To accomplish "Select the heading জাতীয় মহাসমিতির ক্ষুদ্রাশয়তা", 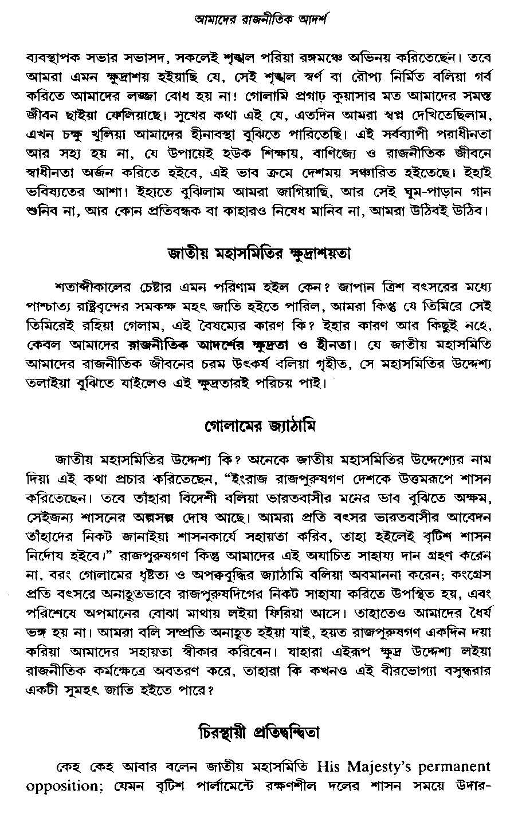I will tap(258, 252).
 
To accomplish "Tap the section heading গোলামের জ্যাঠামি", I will tap(259, 426).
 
